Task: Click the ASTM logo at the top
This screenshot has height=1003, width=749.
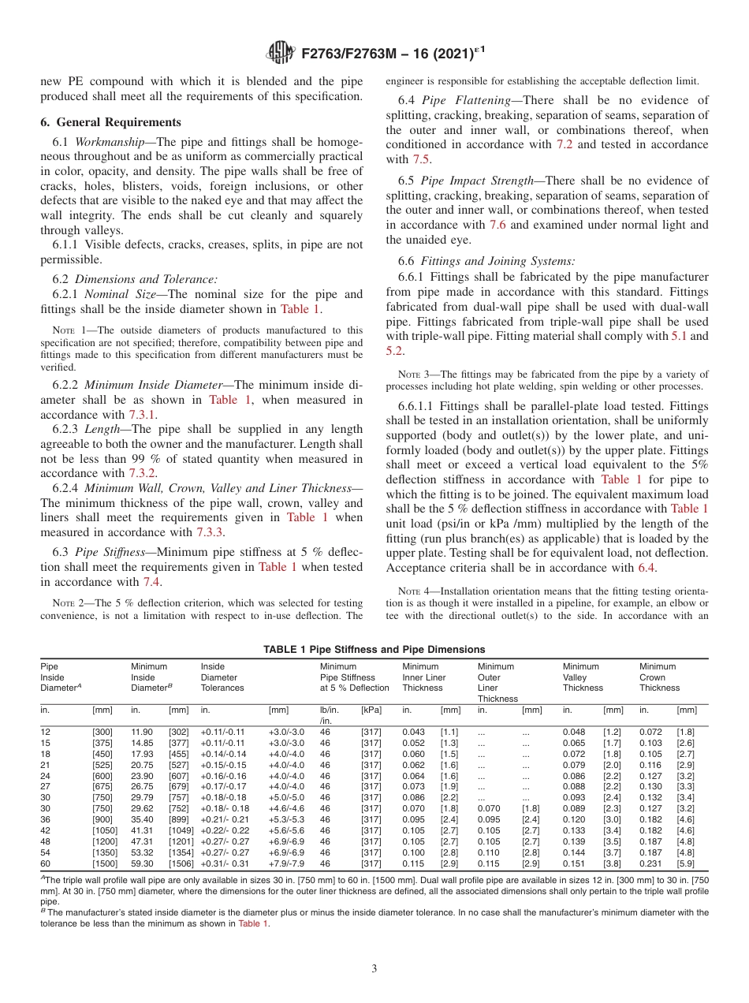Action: click(281, 54)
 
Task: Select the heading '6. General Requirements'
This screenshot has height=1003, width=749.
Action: click(110, 122)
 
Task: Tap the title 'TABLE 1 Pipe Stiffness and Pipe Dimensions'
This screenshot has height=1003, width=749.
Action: click(374, 650)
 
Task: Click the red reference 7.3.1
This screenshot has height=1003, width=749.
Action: click(143, 415)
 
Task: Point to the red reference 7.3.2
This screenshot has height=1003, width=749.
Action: click(143, 473)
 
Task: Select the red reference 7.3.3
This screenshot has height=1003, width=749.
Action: click(210, 532)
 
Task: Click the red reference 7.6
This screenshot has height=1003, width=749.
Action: click(497, 225)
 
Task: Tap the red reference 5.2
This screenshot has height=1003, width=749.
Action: click(395, 351)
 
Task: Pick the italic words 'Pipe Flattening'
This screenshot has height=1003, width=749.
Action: click(460, 100)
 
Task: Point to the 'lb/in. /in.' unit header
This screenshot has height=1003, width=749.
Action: click(330, 715)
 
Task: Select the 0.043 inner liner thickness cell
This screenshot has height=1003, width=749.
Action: click(413, 733)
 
